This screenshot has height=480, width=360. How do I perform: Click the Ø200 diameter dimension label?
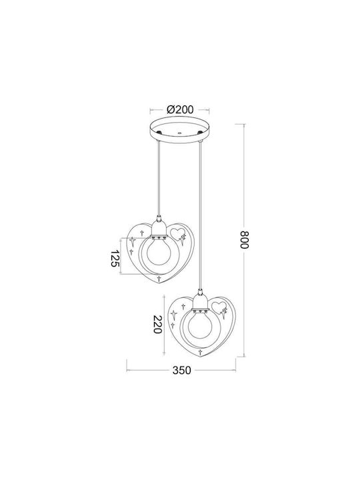pyautogui.click(x=180, y=109)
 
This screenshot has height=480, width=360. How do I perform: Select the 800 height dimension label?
pyautogui.click(x=245, y=239)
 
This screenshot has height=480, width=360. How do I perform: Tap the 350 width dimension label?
pyautogui.click(x=181, y=370)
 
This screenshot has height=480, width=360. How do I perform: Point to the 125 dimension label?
pyautogui.click(x=114, y=258)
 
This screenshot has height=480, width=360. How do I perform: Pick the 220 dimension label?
pyautogui.click(x=157, y=325)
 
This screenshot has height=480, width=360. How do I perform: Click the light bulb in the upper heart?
pyautogui.click(x=159, y=251)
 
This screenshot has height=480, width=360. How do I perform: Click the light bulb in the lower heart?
pyautogui.click(x=200, y=326)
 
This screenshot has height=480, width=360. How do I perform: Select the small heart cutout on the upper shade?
pyautogui.click(x=177, y=233)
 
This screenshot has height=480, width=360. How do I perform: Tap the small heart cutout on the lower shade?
pyautogui.click(x=219, y=307)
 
